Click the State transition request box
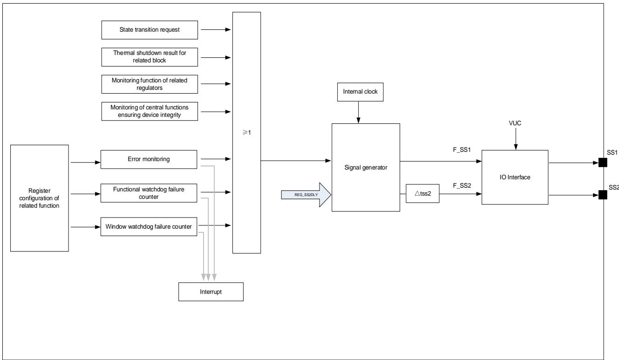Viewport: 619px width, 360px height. tap(150, 30)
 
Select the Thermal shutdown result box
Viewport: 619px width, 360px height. tap(150, 57)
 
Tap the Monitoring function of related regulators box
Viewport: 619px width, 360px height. tap(150, 84)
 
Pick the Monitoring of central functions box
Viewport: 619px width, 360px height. tap(150, 111)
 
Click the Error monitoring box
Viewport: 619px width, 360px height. tap(149, 159)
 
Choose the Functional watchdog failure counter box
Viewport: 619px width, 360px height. tap(149, 193)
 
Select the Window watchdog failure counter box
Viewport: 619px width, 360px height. tap(149, 226)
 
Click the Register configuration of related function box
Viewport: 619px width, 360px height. tap(40, 198)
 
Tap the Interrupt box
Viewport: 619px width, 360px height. tap(211, 292)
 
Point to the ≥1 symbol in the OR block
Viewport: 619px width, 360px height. tap(246, 133)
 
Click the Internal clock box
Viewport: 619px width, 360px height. tap(361, 92)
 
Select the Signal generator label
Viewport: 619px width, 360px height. tap(366, 168)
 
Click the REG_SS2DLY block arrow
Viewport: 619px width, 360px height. tap(306, 195)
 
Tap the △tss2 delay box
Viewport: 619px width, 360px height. tap(422, 193)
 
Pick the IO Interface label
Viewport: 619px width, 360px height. tap(515, 177)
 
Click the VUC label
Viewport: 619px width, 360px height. tap(515, 123)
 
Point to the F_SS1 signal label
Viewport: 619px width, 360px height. tap(462, 150)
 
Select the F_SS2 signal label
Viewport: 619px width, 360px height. tap(462, 186)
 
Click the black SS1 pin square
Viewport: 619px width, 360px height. tap(603, 163)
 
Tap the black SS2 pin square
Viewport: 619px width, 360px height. tap(603, 195)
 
